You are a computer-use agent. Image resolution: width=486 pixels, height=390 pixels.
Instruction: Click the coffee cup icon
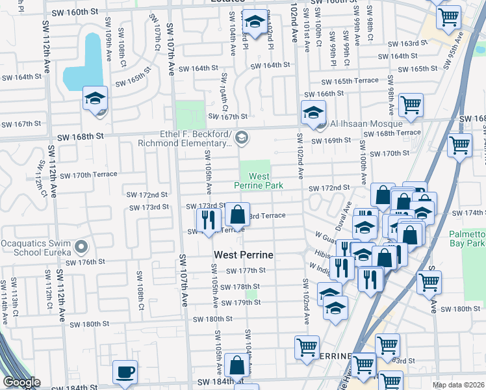tap(125, 372)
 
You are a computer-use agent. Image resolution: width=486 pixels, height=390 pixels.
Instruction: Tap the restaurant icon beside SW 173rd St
tap(208, 220)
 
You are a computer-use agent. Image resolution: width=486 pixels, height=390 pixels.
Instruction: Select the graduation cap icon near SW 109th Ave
tap(95, 98)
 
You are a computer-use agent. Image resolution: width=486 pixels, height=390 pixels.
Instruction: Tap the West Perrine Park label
tap(259, 181)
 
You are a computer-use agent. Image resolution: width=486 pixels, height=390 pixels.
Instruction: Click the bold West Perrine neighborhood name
tap(242, 255)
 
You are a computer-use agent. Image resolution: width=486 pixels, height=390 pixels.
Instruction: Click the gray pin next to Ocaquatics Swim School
tap(81, 247)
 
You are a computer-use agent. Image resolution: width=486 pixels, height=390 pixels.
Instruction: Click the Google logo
tap(21, 382)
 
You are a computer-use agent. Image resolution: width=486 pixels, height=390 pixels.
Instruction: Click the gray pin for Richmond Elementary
tap(242, 136)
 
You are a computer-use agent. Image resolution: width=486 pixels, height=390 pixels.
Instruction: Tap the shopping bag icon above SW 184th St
tap(238, 365)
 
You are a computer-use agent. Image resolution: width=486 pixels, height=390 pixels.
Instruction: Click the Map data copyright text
tap(459, 385)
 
